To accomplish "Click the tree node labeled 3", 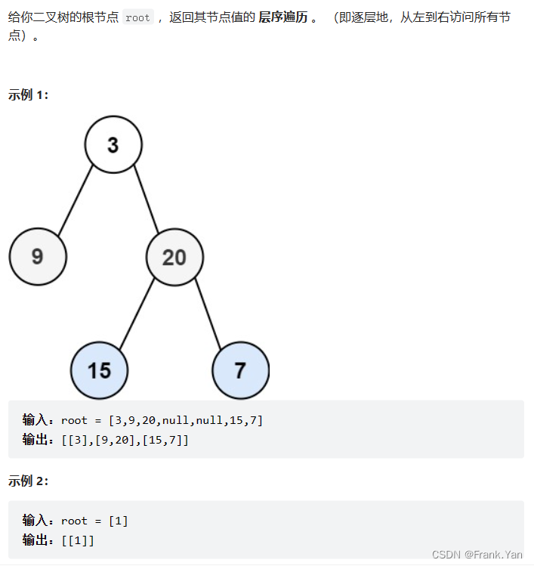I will (113, 144).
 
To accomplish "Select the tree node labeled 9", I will (38, 257).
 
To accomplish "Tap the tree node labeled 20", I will (174, 257).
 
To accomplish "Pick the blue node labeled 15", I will (99, 370).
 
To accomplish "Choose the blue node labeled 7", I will (240, 370).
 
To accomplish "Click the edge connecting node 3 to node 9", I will (76, 199).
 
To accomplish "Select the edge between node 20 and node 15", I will (137, 314).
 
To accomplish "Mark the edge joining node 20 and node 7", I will (207, 314).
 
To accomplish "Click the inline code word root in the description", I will (137, 17).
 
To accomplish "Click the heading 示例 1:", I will (28, 95).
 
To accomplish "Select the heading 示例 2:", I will (28, 481).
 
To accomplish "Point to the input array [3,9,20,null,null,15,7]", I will (185, 420).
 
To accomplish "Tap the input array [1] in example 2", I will (119, 521).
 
